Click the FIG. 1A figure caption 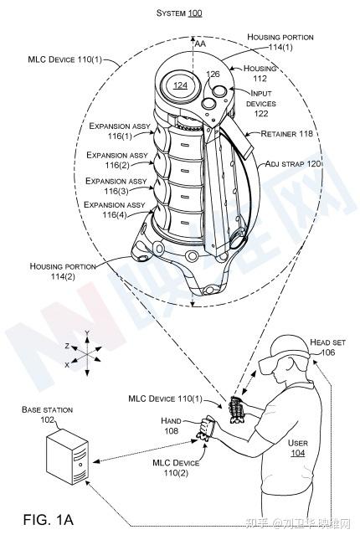(49, 519)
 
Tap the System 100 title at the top (179, 13)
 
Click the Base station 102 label (47, 414)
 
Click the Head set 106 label (327, 347)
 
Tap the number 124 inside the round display (180, 85)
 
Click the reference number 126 (213, 74)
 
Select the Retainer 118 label (286, 134)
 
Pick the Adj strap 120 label (293, 163)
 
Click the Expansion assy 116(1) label (120, 131)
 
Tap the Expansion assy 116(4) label (115, 210)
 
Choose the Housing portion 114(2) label (63, 271)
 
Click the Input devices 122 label (260, 103)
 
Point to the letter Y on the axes (87, 332)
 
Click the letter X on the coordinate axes (67, 365)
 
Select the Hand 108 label (172, 425)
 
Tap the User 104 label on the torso (298, 448)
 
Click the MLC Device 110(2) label (176, 468)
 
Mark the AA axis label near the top (200, 44)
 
